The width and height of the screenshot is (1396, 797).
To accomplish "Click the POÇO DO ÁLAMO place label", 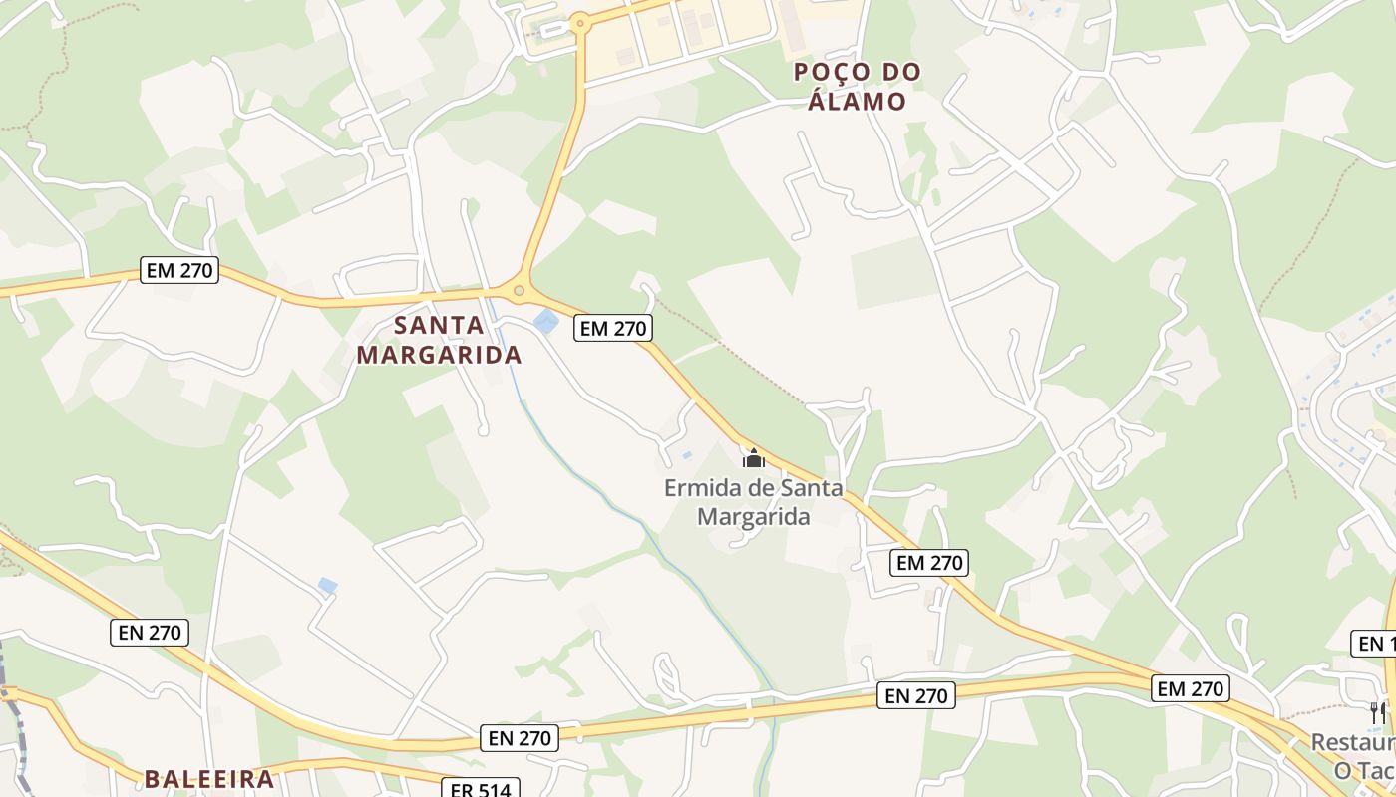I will (857, 86).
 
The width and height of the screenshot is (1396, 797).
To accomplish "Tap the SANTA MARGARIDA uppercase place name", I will (439, 340).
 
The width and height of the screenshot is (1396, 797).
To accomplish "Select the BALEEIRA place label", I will (209, 779).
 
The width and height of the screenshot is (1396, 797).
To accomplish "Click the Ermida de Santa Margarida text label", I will (754, 502).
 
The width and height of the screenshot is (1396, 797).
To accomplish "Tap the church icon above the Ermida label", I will (754, 458).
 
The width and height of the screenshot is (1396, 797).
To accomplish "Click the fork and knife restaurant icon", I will (1377, 712).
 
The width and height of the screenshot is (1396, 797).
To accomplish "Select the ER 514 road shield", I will (481, 790).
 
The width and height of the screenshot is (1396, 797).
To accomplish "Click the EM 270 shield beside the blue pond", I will (612, 328).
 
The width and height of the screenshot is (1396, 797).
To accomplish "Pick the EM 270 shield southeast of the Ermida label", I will (929, 563).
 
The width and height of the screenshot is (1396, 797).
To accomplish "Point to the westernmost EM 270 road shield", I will (179, 269).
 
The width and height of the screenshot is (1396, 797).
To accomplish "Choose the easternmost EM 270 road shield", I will (1190, 688).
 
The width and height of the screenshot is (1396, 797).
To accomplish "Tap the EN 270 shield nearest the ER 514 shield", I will (520, 738).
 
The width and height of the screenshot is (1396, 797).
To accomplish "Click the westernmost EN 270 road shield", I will (150, 632).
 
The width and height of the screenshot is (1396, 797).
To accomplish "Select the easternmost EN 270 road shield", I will (916, 695).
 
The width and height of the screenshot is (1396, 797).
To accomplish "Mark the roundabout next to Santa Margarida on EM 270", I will (519, 291).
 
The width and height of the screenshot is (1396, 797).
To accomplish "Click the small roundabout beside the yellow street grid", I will (579, 21).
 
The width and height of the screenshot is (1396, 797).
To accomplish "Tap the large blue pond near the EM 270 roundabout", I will (545, 322).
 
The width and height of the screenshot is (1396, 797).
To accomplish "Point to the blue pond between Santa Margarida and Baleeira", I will (327, 586).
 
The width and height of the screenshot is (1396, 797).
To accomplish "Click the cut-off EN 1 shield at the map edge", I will (1375, 643).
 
